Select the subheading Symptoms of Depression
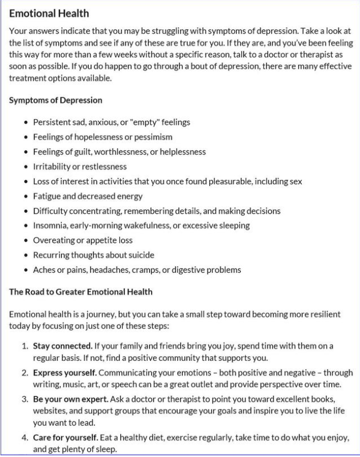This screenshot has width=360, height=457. (x=56, y=100)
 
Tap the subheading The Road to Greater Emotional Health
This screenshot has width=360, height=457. (x=81, y=291)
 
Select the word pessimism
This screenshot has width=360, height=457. (x=153, y=137)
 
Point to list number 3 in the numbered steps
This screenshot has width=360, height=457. (x=25, y=399)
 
